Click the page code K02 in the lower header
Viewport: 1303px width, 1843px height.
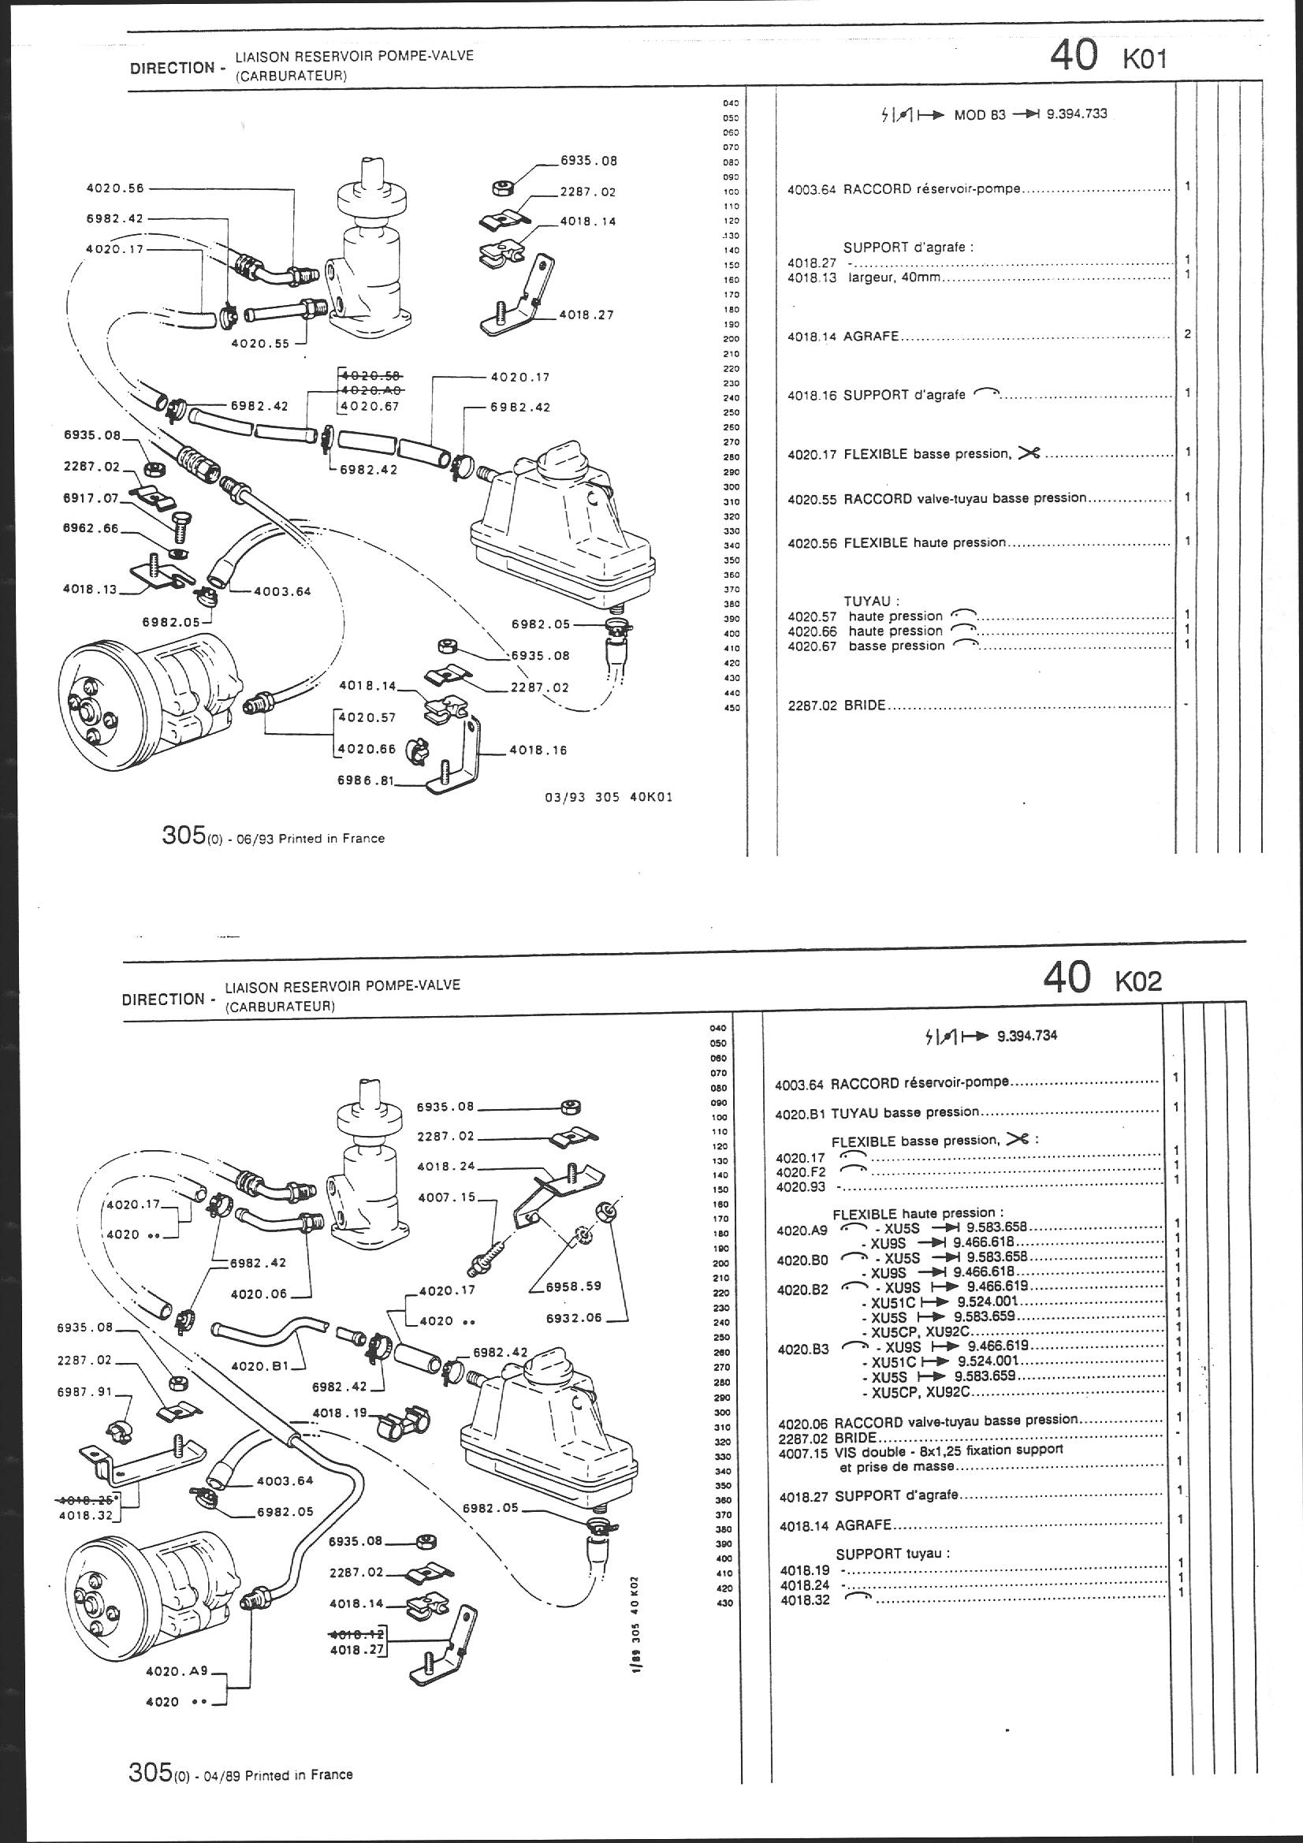tap(1137, 980)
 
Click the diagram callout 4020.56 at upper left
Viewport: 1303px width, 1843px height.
tap(115, 188)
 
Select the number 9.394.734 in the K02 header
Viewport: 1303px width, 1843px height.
tap(1027, 1036)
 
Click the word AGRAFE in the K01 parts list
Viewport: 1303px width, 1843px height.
tap(871, 337)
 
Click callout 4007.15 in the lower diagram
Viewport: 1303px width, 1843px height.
tap(446, 1197)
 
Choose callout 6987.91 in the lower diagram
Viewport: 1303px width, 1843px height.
tap(85, 1393)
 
